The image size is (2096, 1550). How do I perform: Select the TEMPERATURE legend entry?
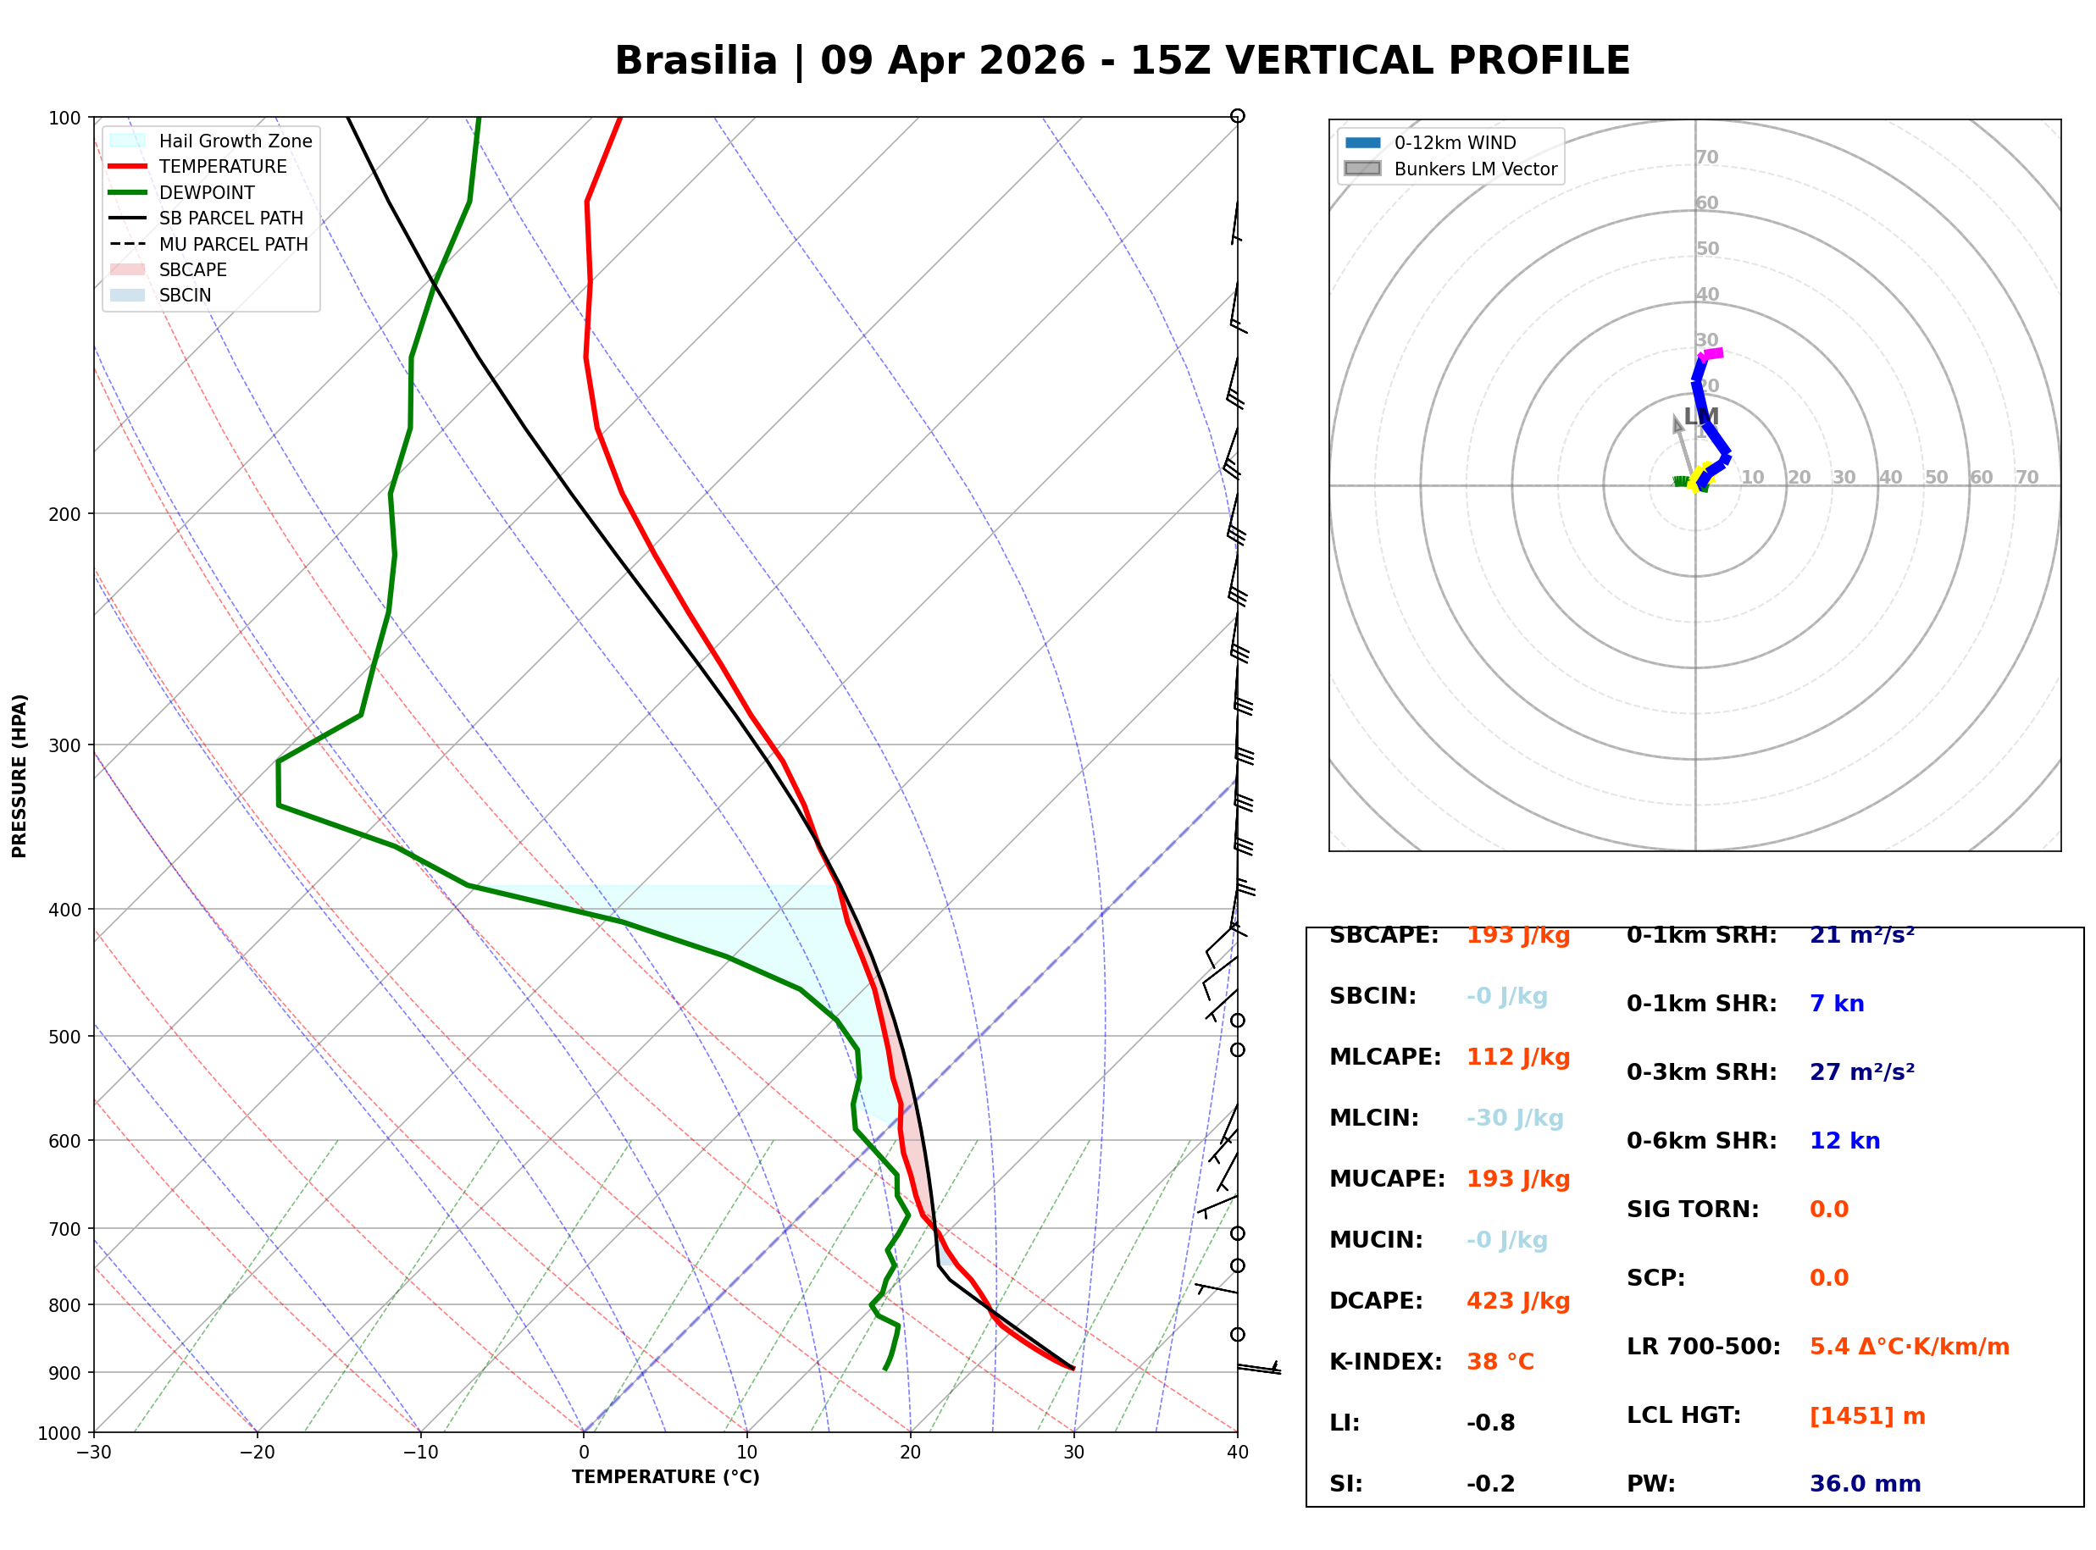(x=222, y=166)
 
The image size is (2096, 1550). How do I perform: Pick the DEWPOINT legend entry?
(x=207, y=192)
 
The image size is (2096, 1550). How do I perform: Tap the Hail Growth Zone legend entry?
(x=235, y=141)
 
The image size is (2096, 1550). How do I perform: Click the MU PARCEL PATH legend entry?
(x=233, y=244)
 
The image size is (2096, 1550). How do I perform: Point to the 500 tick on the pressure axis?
(x=64, y=1037)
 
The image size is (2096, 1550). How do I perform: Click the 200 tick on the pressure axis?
(x=64, y=514)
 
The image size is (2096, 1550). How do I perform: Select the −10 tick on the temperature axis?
(x=419, y=1453)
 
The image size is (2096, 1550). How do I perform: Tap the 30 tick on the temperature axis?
(x=1073, y=1453)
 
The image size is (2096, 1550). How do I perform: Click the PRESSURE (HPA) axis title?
(x=19, y=775)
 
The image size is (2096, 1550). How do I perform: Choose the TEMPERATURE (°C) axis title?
(x=665, y=1477)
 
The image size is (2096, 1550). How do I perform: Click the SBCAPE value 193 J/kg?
(x=1517, y=935)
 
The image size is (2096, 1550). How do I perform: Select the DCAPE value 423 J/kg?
(x=1517, y=1300)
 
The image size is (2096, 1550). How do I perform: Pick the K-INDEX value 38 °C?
(x=1500, y=1361)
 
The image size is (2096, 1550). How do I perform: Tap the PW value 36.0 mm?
(x=1864, y=1483)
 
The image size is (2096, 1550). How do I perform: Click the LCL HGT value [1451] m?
(x=1866, y=1416)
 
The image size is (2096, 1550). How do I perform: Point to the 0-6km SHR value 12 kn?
(x=1844, y=1141)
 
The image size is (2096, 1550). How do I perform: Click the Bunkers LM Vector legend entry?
(x=1474, y=169)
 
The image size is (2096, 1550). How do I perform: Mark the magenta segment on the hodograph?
(x=1712, y=354)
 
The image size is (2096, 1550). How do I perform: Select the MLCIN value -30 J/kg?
(x=1514, y=1118)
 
